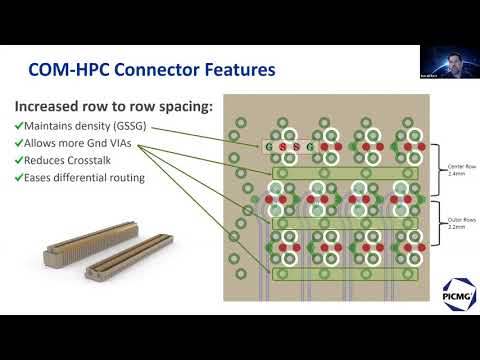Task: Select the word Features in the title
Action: coord(238,71)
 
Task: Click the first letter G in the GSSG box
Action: coord(269,147)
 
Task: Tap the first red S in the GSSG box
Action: coord(282,147)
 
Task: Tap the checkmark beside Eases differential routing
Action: coord(19,178)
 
